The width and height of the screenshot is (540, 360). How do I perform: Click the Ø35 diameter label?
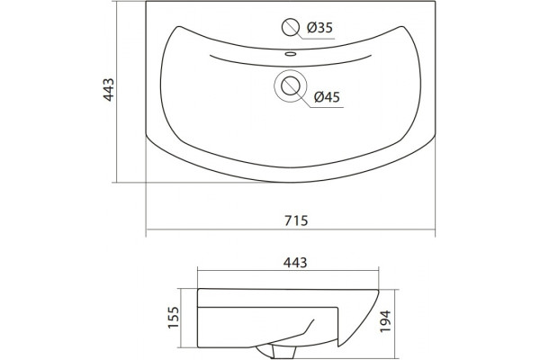click(x=319, y=27)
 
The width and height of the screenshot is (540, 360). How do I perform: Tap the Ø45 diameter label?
click(x=327, y=97)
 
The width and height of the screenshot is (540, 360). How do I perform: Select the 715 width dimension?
click(x=296, y=220)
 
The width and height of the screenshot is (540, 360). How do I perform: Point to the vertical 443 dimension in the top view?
click(x=109, y=90)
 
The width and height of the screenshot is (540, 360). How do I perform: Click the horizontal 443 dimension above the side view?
click(x=295, y=263)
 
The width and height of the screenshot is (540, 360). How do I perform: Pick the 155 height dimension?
click(x=174, y=318)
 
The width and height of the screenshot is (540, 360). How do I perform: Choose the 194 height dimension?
click(x=385, y=321)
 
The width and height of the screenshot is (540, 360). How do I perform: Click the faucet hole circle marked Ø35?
click(x=291, y=27)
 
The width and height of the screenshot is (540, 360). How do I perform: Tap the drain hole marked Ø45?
click(x=291, y=86)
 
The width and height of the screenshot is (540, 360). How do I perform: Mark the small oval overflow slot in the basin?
click(x=291, y=54)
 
